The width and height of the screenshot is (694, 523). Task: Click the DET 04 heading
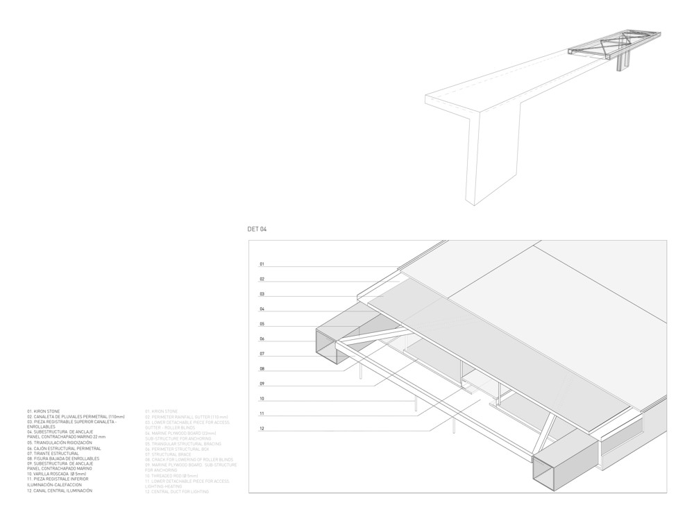[257, 229]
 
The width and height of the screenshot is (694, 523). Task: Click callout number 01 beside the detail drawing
[262, 264]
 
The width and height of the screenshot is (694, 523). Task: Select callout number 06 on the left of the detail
[262, 339]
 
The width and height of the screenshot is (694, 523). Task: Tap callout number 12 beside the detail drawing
[262, 429]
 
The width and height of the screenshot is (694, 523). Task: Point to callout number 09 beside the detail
[262, 384]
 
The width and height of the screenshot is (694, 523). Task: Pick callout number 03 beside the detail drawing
[262, 294]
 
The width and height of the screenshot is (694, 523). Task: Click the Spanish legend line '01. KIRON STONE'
[44, 411]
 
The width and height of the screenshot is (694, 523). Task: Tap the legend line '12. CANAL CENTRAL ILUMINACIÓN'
[60, 490]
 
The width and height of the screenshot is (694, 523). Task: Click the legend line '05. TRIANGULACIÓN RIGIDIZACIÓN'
[60, 443]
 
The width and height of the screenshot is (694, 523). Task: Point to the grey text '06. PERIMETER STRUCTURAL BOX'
[177, 448]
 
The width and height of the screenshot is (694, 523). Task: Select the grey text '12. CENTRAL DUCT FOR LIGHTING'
[178, 490]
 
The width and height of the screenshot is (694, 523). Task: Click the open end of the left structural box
[327, 346]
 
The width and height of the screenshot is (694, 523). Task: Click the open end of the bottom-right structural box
[551, 478]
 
